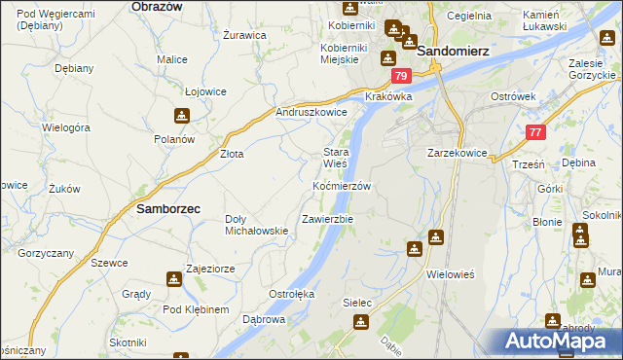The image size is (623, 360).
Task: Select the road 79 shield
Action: [x=399, y=76]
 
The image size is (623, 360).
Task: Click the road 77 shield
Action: [x=535, y=132]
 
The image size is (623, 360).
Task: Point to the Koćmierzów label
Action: [x=342, y=186]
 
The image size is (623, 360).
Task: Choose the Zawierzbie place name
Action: [x=327, y=219]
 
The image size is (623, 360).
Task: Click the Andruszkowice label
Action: [x=312, y=113]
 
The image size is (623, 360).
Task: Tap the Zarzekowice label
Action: [x=457, y=154]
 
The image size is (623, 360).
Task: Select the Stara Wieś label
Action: [x=336, y=158]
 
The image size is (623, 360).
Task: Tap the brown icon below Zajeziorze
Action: [x=174, y=280]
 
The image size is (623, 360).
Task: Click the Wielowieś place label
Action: [x=450, y=273]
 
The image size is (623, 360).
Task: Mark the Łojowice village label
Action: [x=205, y=91]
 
